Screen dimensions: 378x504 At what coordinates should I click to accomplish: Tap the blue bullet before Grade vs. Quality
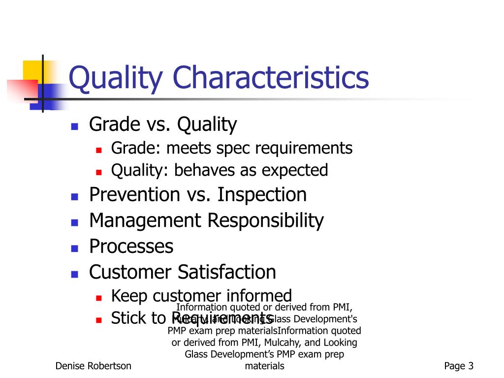coord(74,126)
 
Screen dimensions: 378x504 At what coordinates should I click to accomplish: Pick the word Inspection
coord(262,195)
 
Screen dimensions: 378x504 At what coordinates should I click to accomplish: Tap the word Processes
coord(131,246)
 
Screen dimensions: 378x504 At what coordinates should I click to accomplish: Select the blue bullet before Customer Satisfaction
coord(74,274)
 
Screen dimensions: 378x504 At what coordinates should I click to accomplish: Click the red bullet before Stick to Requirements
coord(98,320)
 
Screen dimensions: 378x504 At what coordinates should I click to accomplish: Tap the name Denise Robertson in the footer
coord(93,366)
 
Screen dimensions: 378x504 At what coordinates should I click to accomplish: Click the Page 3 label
coord(458,366)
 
